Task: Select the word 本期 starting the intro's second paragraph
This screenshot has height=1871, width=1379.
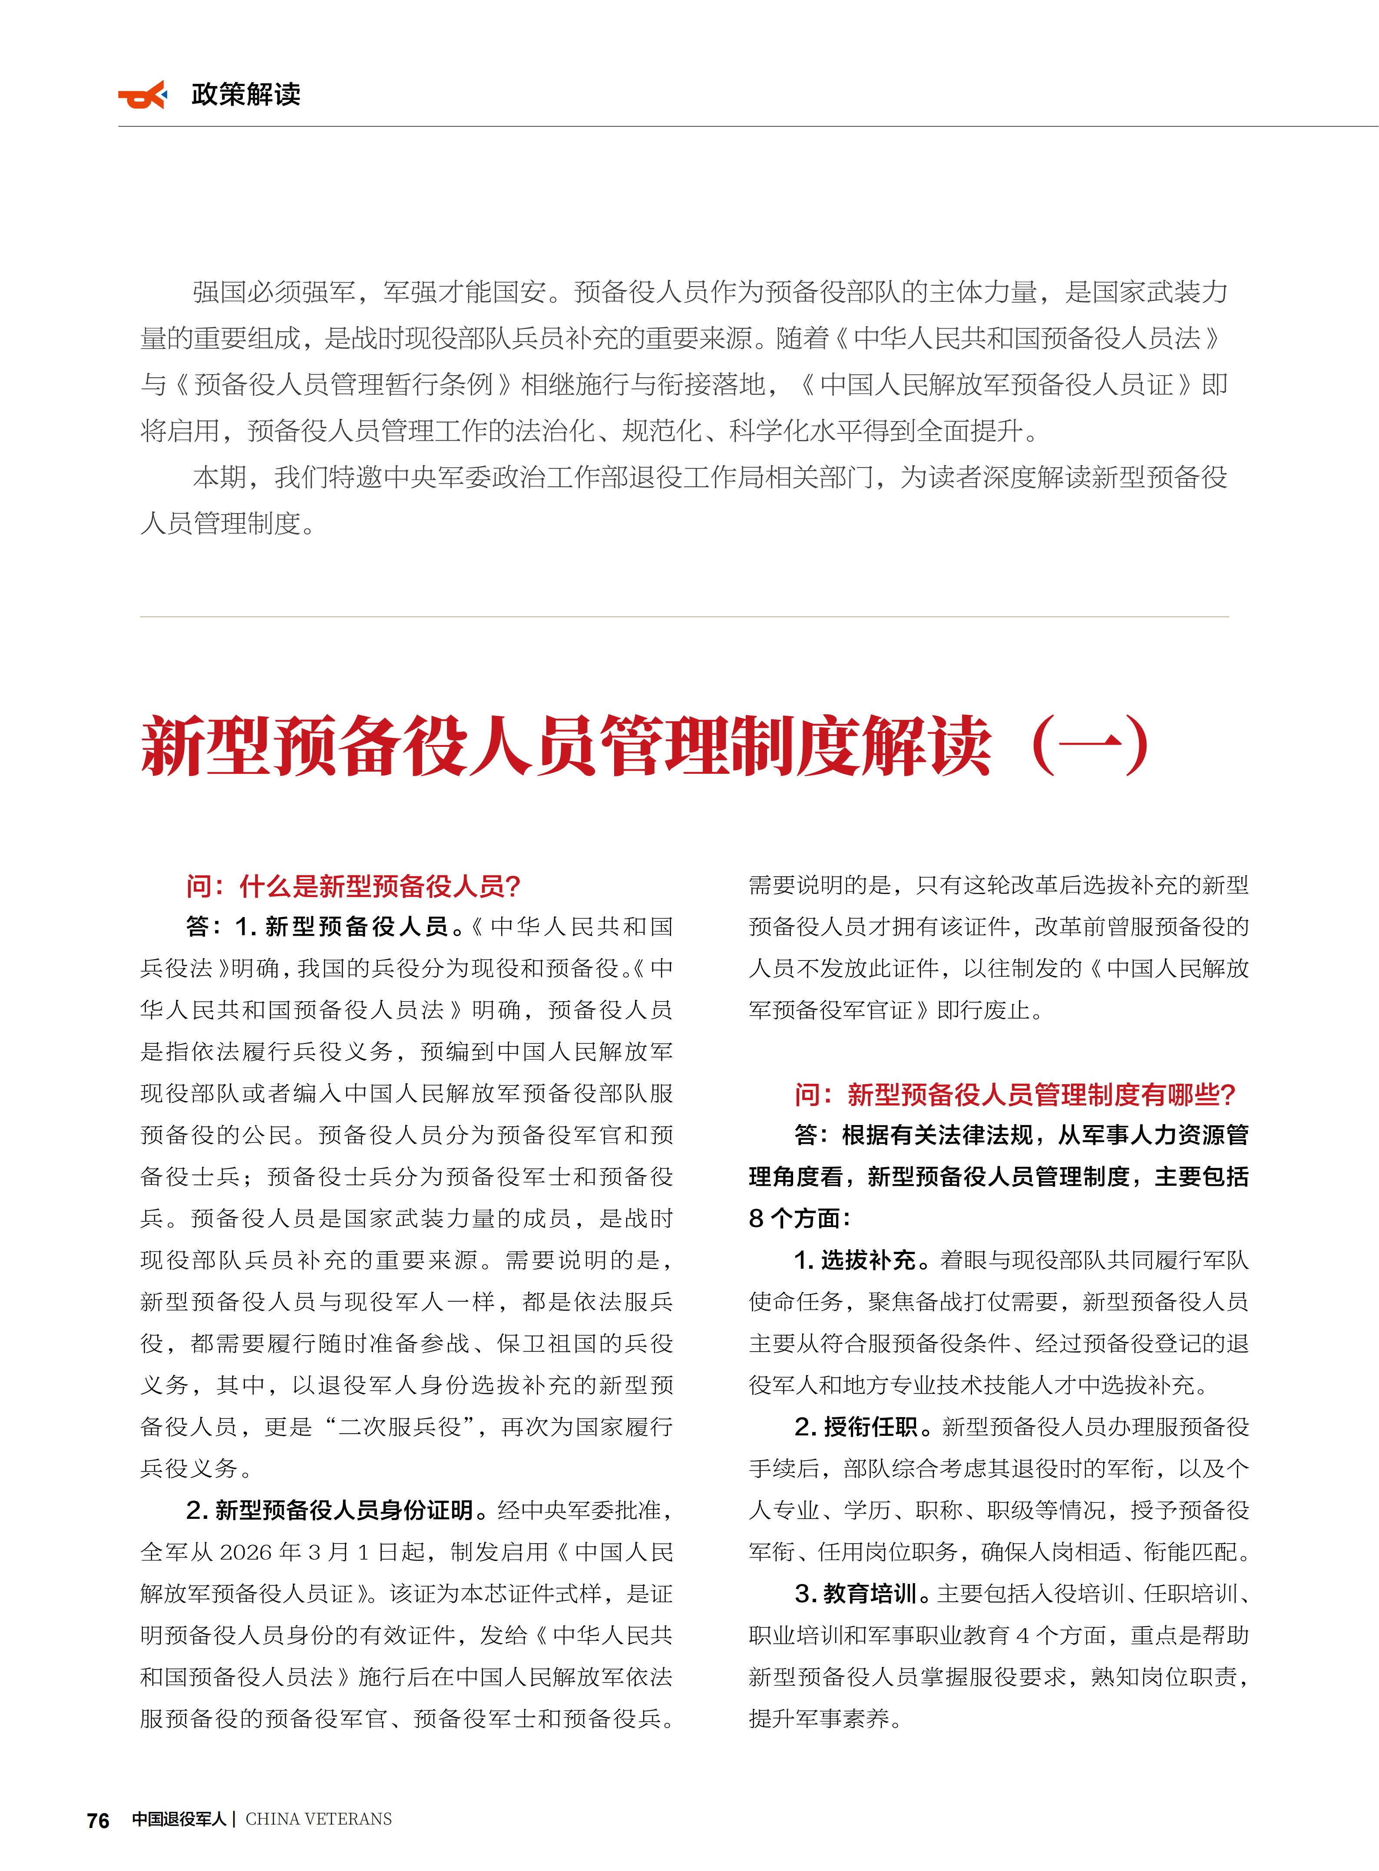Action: tap(219, 477)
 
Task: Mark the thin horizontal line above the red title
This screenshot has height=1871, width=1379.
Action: tap(685, 617)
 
